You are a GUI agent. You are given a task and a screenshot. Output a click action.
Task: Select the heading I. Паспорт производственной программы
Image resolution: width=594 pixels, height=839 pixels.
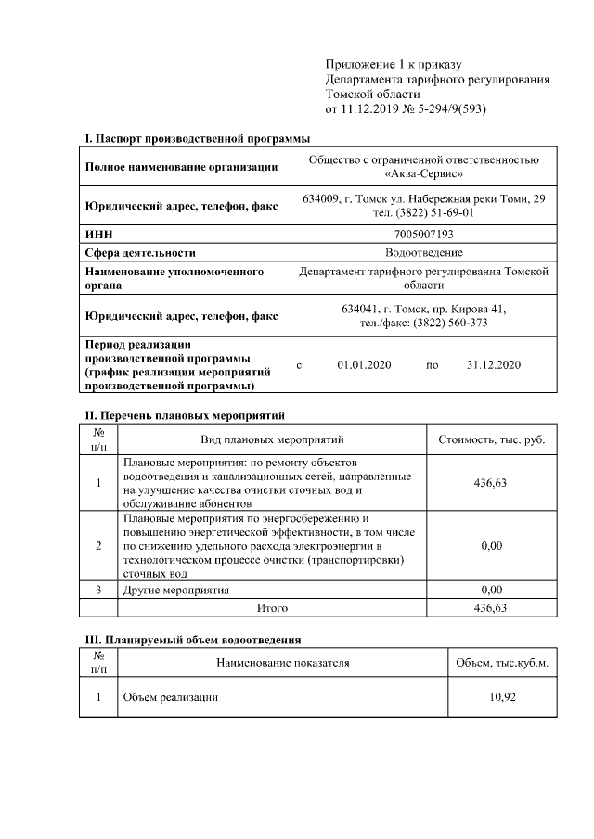(198, 138)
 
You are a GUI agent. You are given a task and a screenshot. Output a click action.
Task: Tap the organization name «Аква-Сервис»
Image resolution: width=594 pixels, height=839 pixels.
(424, 173)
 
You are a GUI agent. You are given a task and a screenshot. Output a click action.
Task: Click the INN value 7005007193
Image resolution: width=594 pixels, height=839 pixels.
(424, 235)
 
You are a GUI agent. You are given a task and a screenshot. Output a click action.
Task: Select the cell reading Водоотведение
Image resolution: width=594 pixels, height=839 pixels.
(424, 252)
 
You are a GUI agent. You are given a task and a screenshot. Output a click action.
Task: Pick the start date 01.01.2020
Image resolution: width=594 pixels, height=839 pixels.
(365, 365)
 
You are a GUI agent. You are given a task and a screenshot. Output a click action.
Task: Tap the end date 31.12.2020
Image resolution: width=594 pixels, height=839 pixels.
(494, 365)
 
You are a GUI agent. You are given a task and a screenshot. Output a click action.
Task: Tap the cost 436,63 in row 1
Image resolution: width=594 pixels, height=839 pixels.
(491, 482)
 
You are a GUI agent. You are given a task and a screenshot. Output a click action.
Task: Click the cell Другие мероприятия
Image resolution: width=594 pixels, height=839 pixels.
(175, 589)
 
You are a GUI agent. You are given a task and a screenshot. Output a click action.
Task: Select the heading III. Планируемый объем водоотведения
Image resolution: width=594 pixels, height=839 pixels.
(193, 640)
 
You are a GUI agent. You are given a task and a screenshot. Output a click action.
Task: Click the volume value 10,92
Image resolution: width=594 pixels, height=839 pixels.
(502, 697)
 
